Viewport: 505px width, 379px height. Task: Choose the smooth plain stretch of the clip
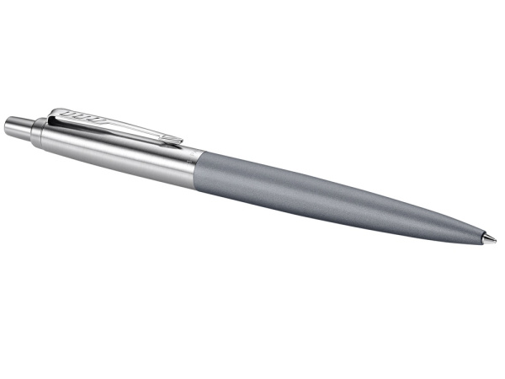click(x=135, y=127)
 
